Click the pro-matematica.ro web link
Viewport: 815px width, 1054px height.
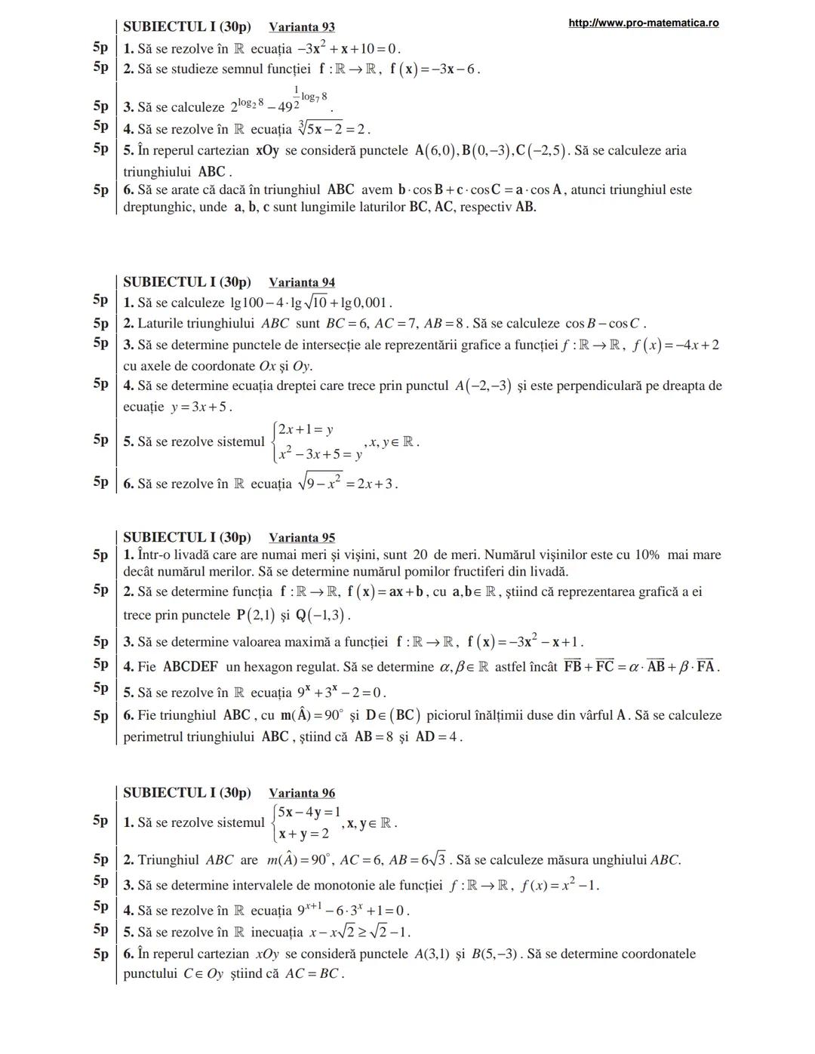[x=643, y=23]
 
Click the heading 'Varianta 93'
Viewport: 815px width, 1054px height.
[x=302, y=27]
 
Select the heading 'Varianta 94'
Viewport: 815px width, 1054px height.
[x=302, y=282]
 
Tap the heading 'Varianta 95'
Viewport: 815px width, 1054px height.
[x=302, y=538]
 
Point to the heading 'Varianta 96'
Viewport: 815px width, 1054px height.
[x=302, y=793]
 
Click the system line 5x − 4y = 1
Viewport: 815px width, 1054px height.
[x=309, y=813]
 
